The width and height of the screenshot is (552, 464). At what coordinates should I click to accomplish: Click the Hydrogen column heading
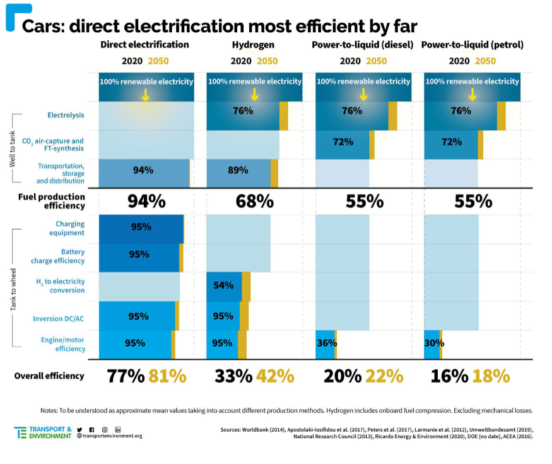click(254, 45)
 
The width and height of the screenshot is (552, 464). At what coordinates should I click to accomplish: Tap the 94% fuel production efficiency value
click(146, 201)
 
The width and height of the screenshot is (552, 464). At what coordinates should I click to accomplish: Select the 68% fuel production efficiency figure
click(254, 201)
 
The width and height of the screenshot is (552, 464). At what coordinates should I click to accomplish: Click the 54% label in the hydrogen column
click(223, 285)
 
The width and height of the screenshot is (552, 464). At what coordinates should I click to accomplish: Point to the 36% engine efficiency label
click(326, 343)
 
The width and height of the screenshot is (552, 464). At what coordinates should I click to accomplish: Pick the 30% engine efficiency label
click(434, 343)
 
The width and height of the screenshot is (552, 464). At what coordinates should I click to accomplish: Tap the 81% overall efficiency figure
click(167, 376)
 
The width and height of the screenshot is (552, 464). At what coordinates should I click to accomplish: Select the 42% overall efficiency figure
click(274, 376)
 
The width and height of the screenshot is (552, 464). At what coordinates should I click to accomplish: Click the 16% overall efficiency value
click(449, 376)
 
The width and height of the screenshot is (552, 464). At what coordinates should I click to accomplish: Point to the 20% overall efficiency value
click(342, 376)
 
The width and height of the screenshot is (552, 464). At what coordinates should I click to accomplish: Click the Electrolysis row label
click(66, 115)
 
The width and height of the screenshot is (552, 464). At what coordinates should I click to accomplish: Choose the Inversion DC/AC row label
click(58, 318)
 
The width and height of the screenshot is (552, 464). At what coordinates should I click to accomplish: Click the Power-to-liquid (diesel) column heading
click(362, 45)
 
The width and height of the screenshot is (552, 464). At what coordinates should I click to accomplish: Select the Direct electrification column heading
click(144, 45)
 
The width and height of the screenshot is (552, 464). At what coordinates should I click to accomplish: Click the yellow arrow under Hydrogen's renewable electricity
click(254, 95)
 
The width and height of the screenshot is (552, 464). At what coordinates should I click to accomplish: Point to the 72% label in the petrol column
click(452, 142)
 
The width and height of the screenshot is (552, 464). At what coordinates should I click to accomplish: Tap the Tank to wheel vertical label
click(13, 288)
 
